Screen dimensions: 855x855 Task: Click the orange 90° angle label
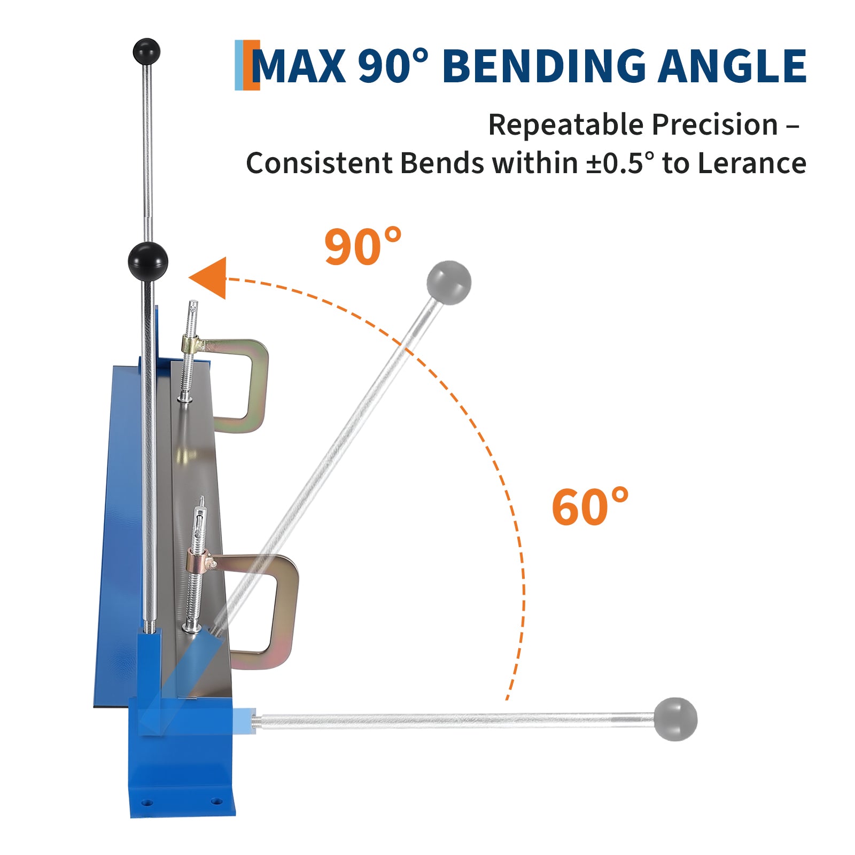[x=362, y=246]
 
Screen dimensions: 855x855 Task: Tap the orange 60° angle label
[x=589, y=506]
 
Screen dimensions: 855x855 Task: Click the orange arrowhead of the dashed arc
[x=209, y=278]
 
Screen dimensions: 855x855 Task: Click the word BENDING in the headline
[x=545, y=66]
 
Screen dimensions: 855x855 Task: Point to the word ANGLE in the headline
[x=732, y=66]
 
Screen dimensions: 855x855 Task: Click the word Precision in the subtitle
[x=714, y=125]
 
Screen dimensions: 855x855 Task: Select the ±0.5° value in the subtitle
[x=620, y=163]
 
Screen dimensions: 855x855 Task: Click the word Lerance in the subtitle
[x=752, y=163]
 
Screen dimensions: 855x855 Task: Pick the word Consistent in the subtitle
[x=318, y=163]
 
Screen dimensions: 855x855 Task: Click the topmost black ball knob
[x=146, y=51]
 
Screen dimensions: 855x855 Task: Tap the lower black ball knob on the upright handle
[x=148, y=261]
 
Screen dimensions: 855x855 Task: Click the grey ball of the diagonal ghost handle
[x=449, y=283]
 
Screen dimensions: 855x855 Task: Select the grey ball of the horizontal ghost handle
[x=675, y=719]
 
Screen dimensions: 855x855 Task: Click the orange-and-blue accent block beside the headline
[x=247, y=65]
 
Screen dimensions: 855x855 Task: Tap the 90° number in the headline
[x=393, y=66]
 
